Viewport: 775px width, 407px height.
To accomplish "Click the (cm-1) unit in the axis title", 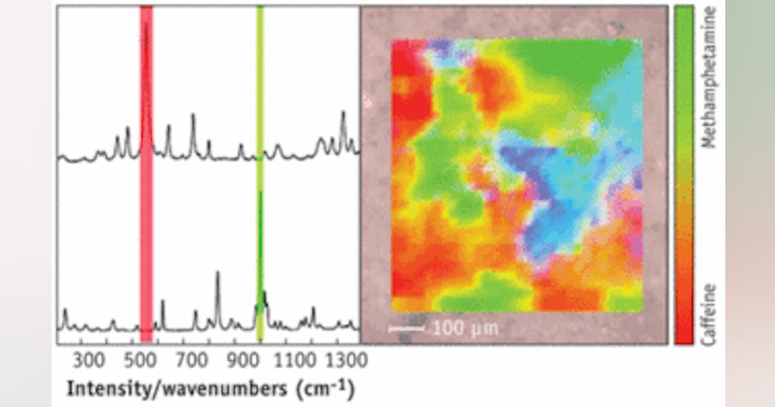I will point(326,390).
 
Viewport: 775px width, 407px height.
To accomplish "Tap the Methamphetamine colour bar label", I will point(710,78).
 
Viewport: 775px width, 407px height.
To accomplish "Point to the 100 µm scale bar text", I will point(465,328).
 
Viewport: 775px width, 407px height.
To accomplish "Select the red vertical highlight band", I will point(147,194).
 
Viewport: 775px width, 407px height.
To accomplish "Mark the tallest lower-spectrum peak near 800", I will point(218,274).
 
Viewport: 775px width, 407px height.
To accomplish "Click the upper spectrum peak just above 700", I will point(192,116).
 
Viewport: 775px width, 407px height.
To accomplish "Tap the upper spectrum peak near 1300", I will point(343,114).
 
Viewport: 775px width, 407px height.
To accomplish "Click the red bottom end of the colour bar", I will point(684,333).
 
